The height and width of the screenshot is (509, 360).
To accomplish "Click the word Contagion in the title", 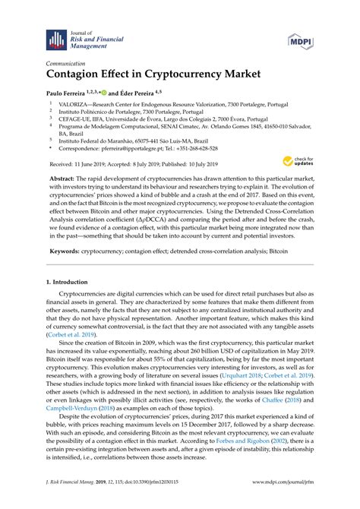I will coord(79,75).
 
